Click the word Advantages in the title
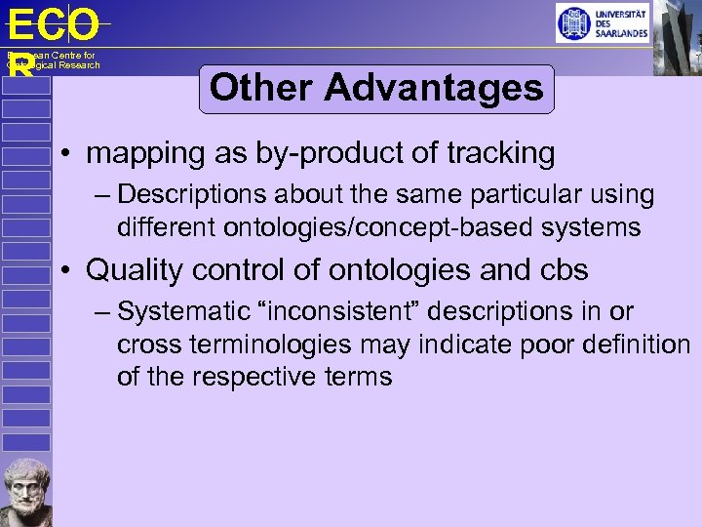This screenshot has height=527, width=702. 434,89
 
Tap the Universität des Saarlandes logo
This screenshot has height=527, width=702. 602,22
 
